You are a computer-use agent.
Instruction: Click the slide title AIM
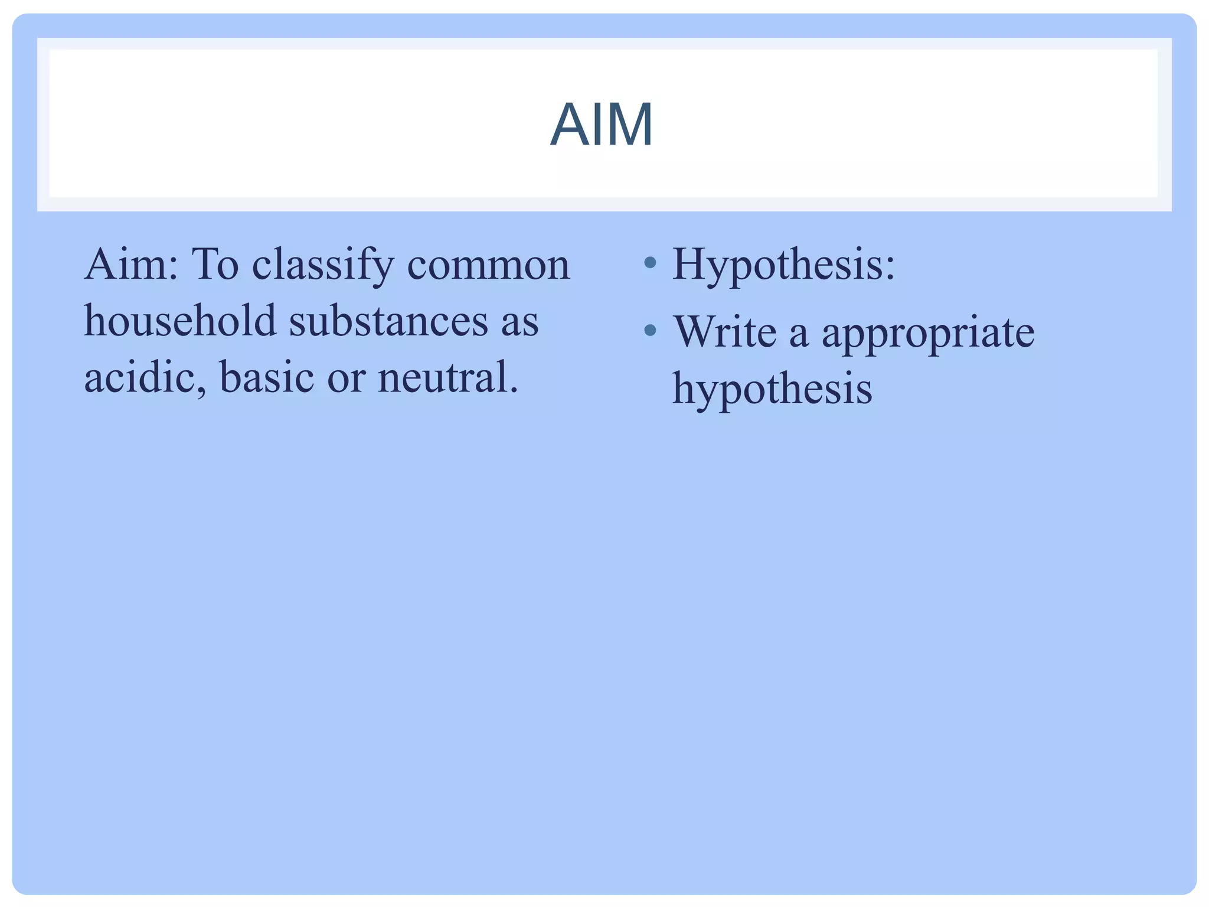click(602, 125)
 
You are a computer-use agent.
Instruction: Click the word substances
click(388, 321)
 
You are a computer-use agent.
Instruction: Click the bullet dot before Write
click(650, 330)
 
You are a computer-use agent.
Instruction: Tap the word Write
click(725, 331)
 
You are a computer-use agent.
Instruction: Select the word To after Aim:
click(215, 265)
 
